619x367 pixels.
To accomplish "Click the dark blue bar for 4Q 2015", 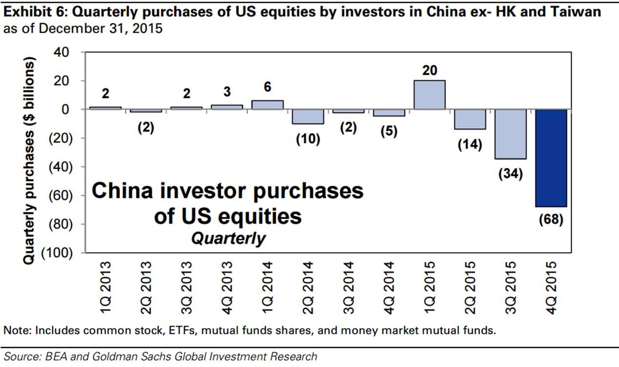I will coord(551,158).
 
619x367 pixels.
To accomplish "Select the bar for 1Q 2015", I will coord(430,95).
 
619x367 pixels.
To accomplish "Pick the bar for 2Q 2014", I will coord(309,117).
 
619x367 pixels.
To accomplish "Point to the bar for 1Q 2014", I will coord(268,105).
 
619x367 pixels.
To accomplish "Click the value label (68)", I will coord(551,219).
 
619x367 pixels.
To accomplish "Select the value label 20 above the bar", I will coord(430,70).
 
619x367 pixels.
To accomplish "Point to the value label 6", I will coord(268,87).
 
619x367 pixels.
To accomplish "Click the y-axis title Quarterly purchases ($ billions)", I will coord(29,161).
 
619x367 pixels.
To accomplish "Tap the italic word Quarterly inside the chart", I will coord(228,238).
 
